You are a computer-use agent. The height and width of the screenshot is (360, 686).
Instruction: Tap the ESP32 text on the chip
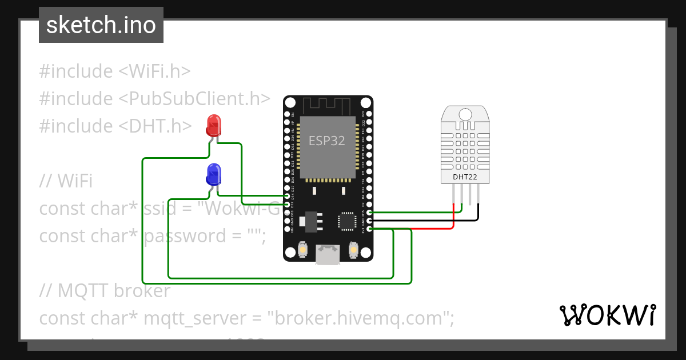[327, 141]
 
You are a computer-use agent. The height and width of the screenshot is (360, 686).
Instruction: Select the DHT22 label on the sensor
[465, 177]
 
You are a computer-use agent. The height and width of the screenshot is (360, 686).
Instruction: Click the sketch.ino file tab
[101, 25]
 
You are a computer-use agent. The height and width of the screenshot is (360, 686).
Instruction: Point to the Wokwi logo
[607, 315]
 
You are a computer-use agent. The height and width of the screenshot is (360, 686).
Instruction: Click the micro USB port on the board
[328, 255]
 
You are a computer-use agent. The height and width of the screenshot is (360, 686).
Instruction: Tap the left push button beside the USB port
[302, 250]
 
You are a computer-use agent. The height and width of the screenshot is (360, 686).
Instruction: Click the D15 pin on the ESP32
[369, 213]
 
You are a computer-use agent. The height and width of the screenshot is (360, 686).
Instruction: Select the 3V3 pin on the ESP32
[369, 229]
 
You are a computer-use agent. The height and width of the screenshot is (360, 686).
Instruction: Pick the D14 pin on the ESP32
[287, 196]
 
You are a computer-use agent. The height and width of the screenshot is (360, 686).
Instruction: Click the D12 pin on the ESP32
[287, 204]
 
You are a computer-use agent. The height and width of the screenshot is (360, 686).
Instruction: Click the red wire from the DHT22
[434, 229]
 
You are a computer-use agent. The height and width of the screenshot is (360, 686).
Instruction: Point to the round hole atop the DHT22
[465, 114]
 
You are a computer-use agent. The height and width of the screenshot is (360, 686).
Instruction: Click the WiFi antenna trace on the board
[327, 106]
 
